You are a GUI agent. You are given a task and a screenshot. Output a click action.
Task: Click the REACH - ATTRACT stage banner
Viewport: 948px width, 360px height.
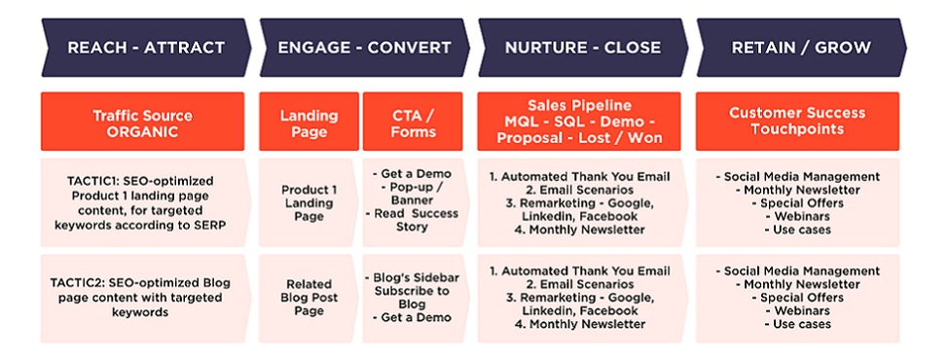pos(145,47)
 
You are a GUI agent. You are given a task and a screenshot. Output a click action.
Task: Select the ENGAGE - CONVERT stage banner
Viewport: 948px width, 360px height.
pos(364,47)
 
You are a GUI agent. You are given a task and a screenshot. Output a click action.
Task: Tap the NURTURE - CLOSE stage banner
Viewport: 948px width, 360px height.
pos(582,47)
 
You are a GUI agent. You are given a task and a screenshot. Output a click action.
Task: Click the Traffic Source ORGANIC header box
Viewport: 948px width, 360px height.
pos(142,123)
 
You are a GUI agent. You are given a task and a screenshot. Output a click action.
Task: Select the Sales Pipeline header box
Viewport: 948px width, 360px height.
pos(579,122)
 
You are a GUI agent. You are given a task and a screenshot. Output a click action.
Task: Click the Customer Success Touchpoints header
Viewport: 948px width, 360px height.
pos(797,122)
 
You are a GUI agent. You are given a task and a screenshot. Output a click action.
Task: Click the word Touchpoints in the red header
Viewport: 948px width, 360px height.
pos(797,129)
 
